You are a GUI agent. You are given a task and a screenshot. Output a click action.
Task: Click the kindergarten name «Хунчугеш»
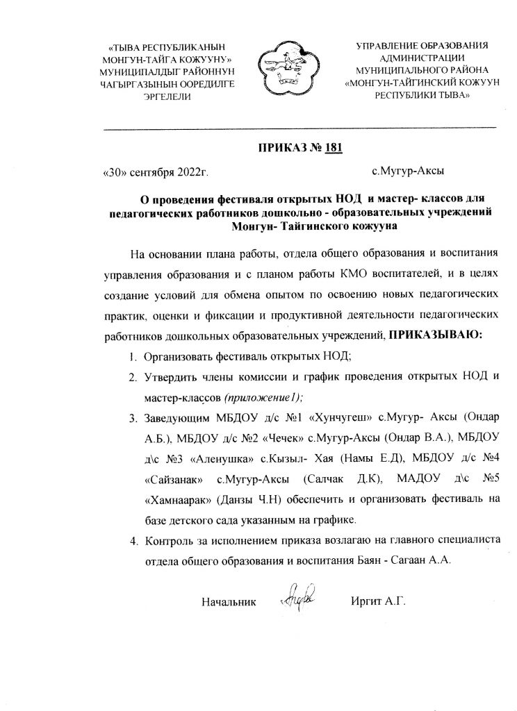[x=341, y=419]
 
